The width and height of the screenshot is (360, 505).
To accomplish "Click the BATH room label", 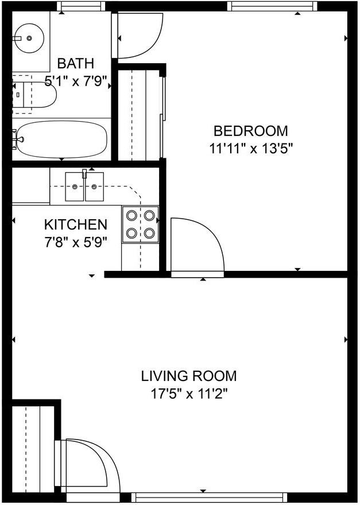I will click(x=76, y=63).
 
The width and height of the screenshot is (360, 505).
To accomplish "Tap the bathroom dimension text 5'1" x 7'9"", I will click(x=76, y=81).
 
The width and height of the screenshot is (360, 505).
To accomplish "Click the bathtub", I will click(x=61, y=139).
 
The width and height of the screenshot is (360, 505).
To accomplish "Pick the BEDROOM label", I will click(x=251, y=131).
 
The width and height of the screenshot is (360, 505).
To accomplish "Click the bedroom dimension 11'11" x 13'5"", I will click(x=251, y=148).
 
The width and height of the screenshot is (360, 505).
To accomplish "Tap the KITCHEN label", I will click(x=76, y=224).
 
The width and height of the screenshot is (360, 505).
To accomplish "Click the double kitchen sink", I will click(x=85, y=186).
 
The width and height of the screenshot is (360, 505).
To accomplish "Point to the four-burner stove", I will click(x=141, y=224).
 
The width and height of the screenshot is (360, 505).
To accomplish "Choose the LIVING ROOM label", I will click(x=189, y=376).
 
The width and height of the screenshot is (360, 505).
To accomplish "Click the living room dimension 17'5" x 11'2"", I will click(x=189, y=395).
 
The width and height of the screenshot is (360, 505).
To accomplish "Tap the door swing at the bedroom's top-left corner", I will click(x=138, y=36).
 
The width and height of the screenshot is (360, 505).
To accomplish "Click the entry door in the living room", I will click(x=89, y=465).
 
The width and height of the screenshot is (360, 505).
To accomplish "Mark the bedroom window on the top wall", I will click(x=272, y=6).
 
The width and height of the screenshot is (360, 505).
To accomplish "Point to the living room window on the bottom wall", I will click(x=208, y=497).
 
